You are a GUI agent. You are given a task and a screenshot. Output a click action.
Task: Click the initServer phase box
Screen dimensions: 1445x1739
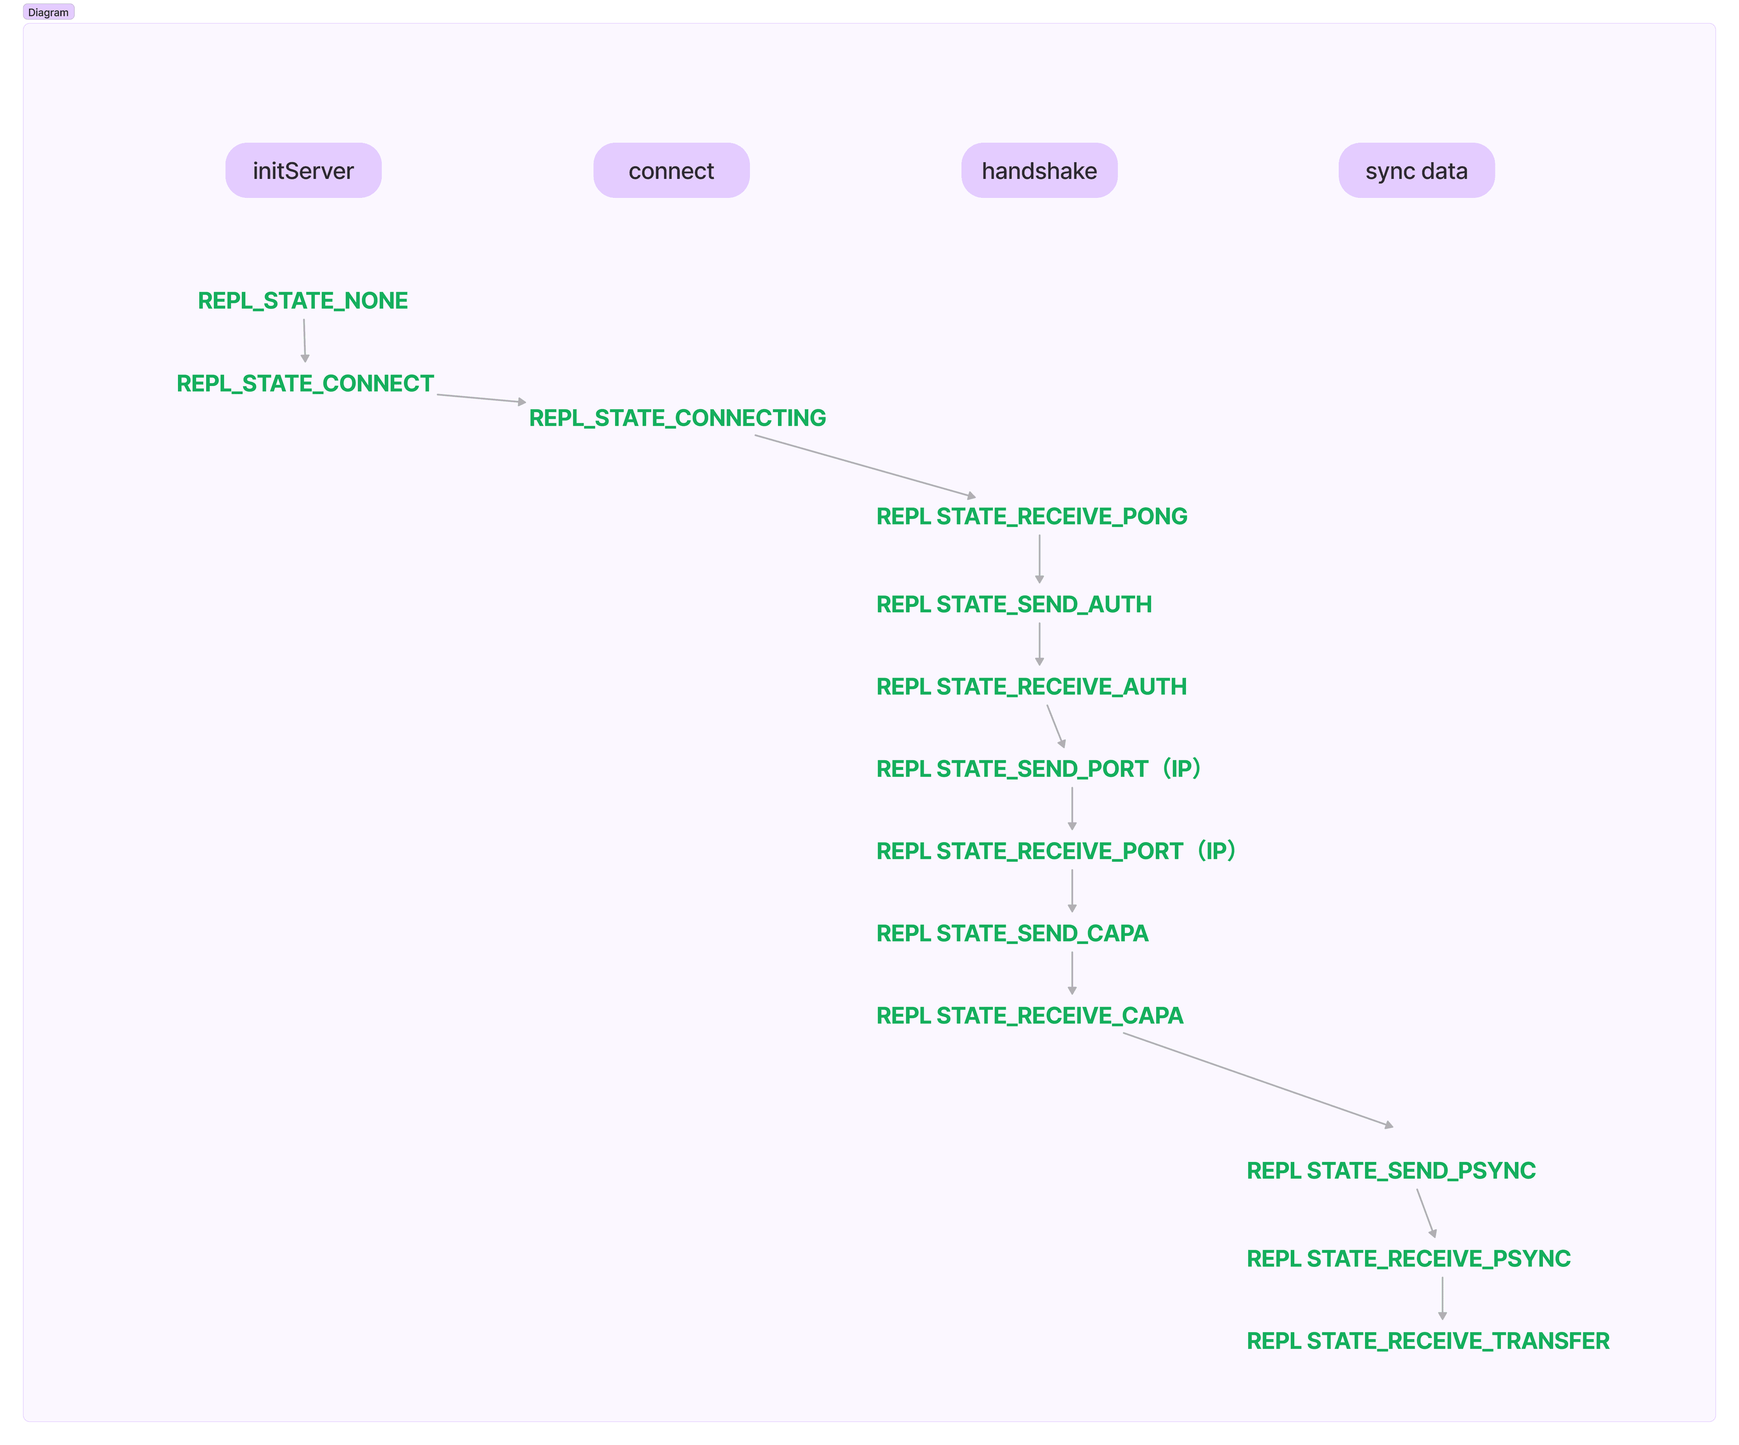point(303,171)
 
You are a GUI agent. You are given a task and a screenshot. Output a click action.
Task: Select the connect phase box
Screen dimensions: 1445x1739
point(671,171)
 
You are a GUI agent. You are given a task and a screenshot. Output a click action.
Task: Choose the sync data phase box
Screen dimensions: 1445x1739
point(1416,171)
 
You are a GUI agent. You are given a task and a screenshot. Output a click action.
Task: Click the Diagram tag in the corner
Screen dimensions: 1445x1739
point(48,12)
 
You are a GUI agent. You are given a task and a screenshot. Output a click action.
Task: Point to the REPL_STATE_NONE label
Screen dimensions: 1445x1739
point(302,301)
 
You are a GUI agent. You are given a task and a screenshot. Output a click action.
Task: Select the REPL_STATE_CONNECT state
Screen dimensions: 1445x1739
point(305,383)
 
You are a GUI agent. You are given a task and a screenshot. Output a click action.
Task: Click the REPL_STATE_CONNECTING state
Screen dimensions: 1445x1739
point(677,418)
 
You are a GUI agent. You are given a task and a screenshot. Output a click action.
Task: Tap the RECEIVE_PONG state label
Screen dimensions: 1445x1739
point(1032,517)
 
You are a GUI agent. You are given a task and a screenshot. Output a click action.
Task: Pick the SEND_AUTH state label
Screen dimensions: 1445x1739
point(1014,604)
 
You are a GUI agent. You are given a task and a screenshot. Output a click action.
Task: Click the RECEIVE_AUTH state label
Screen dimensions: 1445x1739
point(1031,686)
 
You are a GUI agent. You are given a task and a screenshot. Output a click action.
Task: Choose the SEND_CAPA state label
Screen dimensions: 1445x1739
point(1012,933)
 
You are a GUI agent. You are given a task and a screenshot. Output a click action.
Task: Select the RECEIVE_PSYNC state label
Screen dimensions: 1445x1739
point(1408,1259)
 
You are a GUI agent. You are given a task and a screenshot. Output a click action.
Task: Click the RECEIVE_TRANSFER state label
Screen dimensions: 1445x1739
point(1427,1341)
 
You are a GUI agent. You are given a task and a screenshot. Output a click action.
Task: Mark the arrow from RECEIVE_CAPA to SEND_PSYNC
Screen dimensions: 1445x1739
point(1258,1080)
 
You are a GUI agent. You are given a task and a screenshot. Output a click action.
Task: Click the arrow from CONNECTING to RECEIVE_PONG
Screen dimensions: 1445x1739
point(865,466)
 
